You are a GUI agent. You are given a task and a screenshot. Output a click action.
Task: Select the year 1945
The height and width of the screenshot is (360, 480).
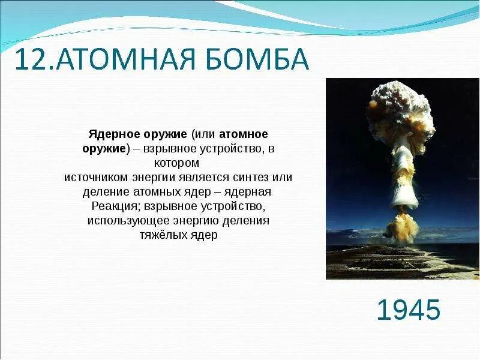coord(409,310)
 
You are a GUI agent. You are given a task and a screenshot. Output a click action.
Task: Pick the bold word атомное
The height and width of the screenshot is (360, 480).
coord(244,134)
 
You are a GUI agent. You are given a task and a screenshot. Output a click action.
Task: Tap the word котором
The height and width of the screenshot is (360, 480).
coord(176,163)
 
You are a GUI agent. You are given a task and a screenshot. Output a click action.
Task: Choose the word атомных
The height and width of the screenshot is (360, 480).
coord(157,191)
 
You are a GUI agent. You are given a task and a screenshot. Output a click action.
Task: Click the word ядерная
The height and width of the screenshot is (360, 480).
coord(247,192)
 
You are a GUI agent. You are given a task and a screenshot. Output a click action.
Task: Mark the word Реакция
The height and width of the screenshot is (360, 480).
coord(116,206)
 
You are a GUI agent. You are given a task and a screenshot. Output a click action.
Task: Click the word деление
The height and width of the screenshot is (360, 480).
coord(106,192)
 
